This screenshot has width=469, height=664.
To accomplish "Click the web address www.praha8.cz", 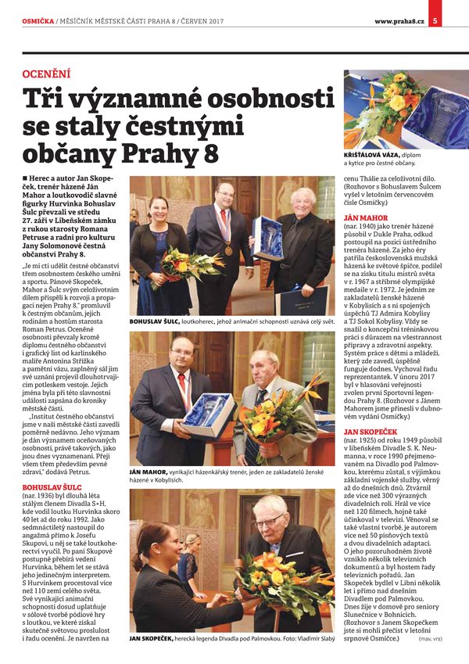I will (x=399, y=20).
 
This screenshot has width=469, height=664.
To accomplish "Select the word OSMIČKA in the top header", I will (x=37, y=20).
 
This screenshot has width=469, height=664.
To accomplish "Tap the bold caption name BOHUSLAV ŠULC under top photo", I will (x=153, y=320).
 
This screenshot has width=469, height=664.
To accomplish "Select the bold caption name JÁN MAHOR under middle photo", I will (x=147, y=473).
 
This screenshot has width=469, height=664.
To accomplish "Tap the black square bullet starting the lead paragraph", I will (x=26, y=179).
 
